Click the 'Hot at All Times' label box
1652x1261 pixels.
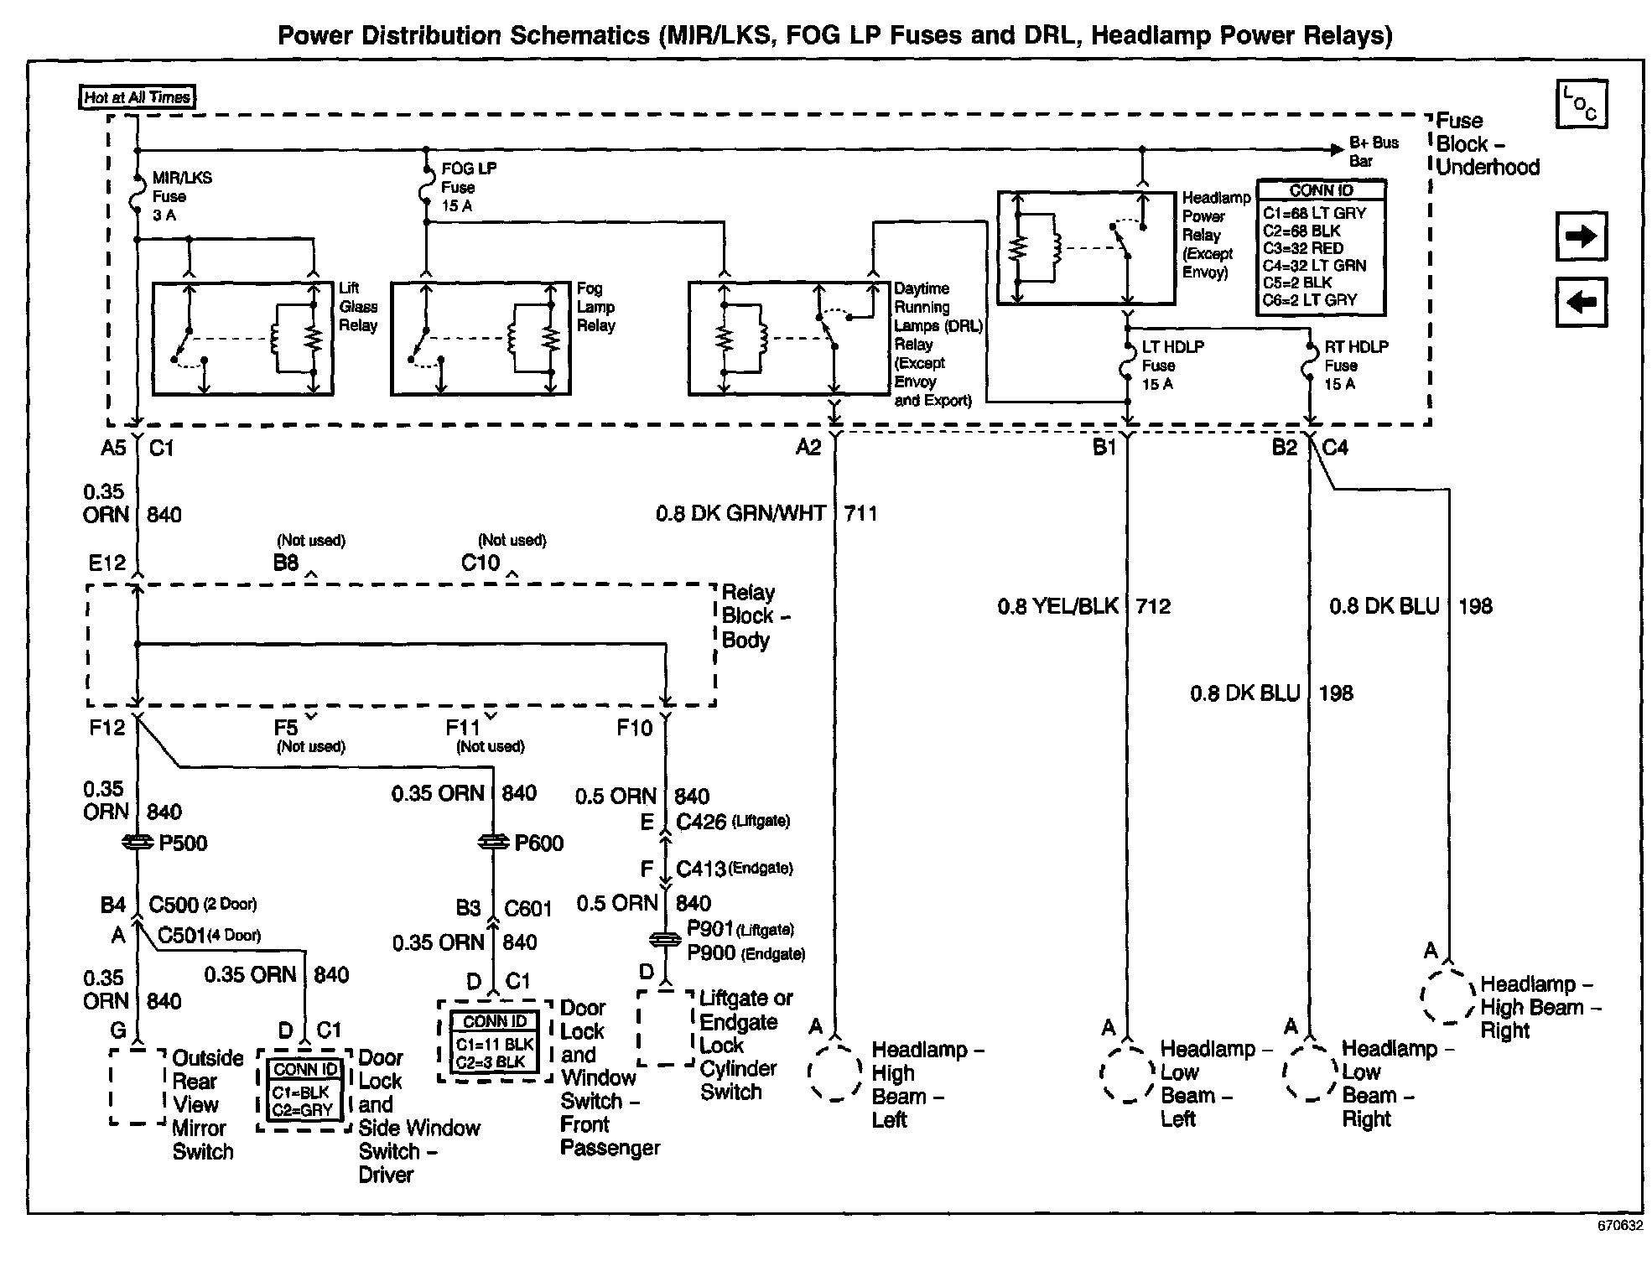(137, 97)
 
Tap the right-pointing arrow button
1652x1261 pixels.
(1581, 236)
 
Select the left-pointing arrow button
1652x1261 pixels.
(1581, 301)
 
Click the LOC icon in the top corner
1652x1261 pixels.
(1581, 105)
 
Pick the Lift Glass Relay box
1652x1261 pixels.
(242, 338)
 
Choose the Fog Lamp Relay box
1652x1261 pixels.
(481, 338)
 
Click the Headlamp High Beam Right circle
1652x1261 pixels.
(1448, 997)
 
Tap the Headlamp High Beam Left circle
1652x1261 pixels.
(835, 1072)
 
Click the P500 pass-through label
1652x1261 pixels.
(182, 843)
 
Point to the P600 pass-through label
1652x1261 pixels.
(538, 843)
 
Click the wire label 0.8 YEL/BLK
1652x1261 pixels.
(1057, 606)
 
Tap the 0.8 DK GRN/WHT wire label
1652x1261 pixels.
(740, 513)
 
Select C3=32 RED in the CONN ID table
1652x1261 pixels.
(1302, 248)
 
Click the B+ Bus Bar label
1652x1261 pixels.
(1373, 152)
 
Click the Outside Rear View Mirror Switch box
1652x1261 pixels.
(138, 1086)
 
